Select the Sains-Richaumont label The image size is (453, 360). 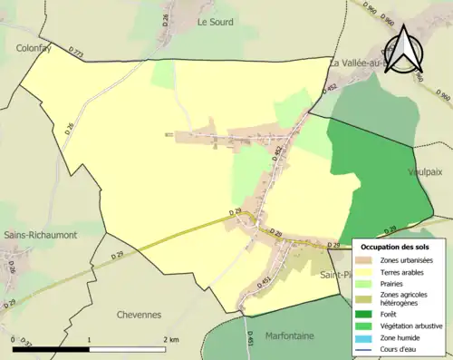40,235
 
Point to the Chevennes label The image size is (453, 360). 139,315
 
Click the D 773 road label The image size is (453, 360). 76,53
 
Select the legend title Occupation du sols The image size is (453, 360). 395,247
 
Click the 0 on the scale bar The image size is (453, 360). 13,338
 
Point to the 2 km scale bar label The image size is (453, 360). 170,338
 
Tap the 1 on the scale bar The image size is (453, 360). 89,338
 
